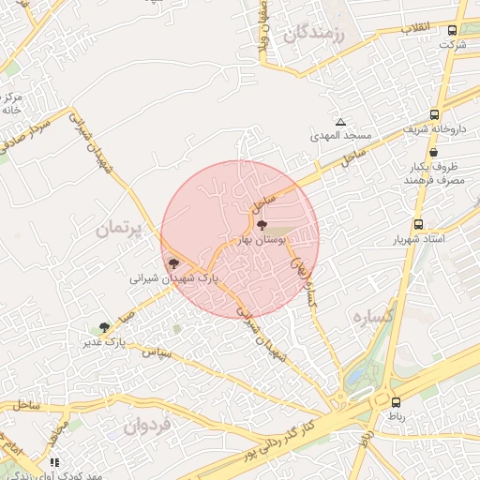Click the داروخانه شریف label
tap(435, 127)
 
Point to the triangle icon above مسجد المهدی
tap(340, 123)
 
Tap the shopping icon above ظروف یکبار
tap(433, 153)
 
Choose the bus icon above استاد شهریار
tap(417, 225)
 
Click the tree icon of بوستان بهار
tap(262, 226)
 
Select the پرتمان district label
tap(123, 229)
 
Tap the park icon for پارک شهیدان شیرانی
tap(172, 264)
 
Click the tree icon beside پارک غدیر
tap(103, 328)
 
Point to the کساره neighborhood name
tap(372, 317)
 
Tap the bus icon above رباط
tap(396, 401)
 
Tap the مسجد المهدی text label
tap(342, 136)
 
